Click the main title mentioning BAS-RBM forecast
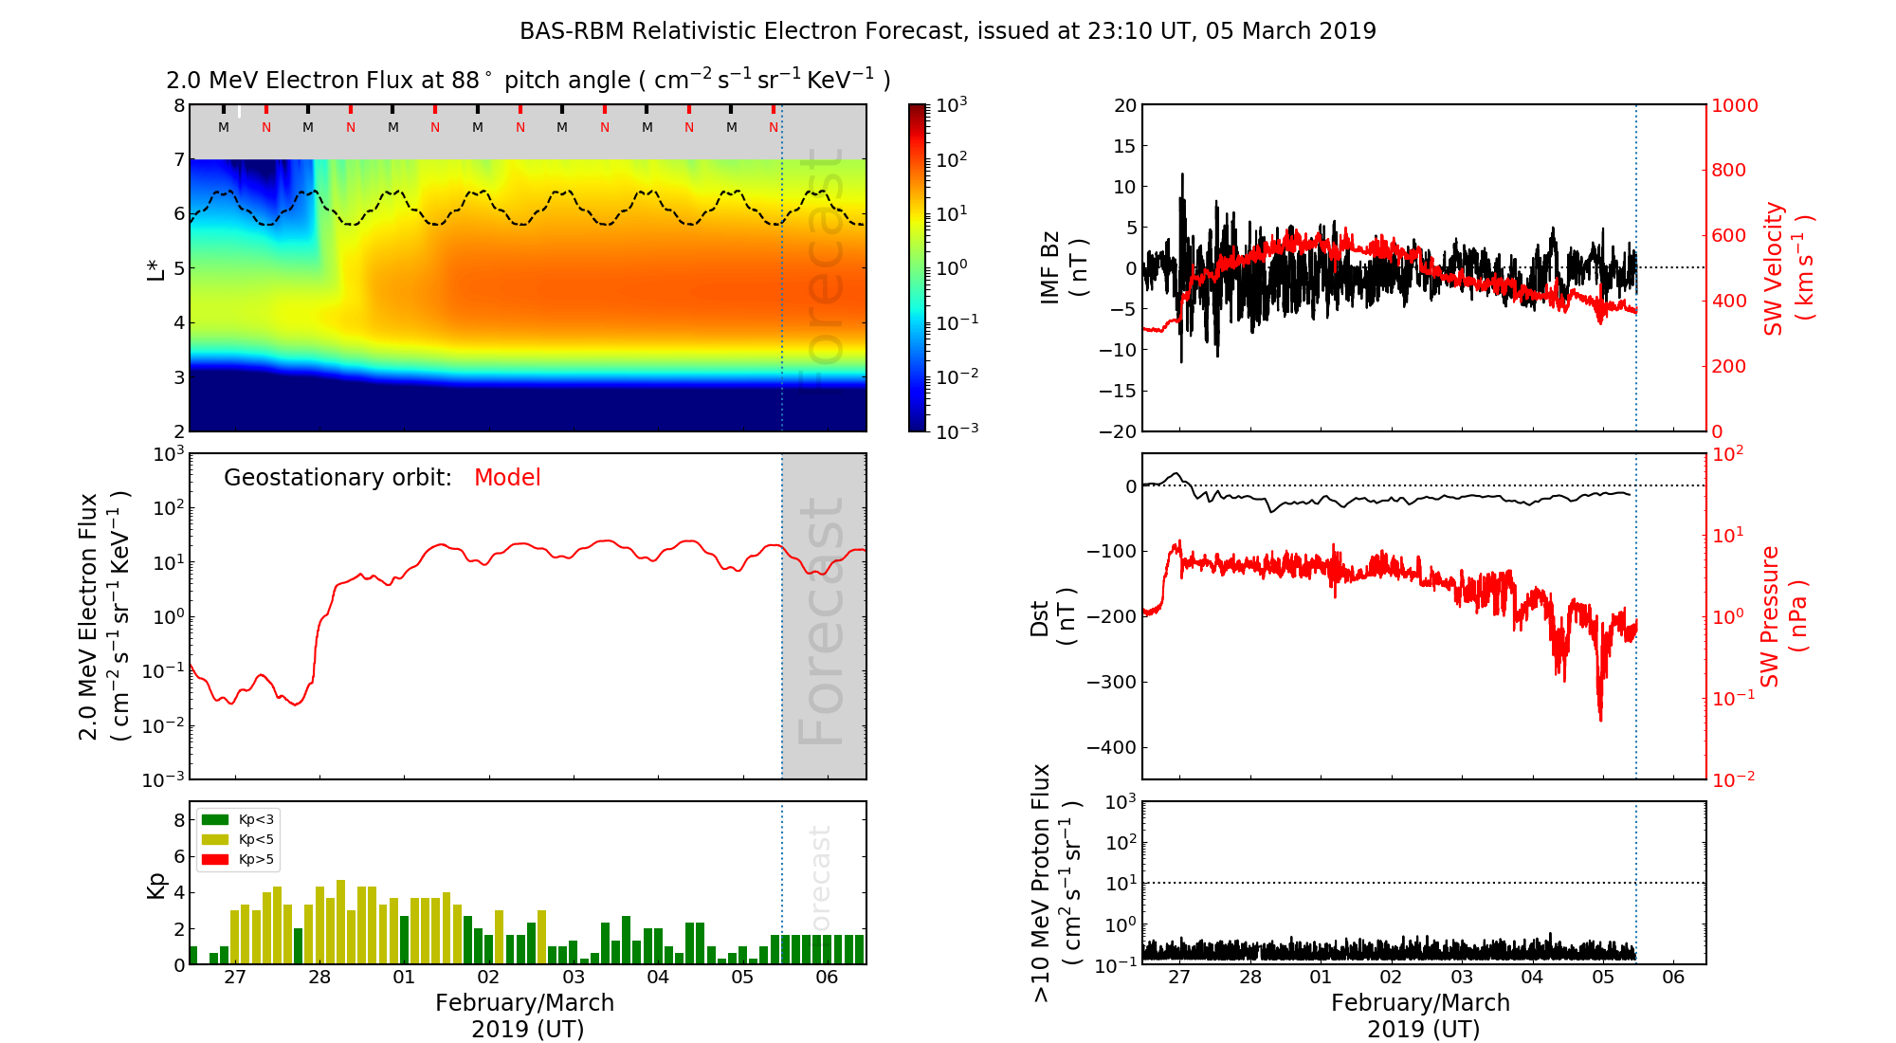point(947,31)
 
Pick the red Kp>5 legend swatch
point(216,860)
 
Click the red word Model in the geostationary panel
point(507,478)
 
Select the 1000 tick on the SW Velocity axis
point(1734,105)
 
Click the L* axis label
point(156,268)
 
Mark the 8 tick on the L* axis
point(179,105)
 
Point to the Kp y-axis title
point(156,885)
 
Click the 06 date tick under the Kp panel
point(827,978)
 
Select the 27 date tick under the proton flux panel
point(1179,978)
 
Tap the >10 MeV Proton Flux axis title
point(1055,883)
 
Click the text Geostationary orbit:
point(337,478)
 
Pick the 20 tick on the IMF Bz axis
point(1124,105)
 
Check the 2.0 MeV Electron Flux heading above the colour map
point(528,81)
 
